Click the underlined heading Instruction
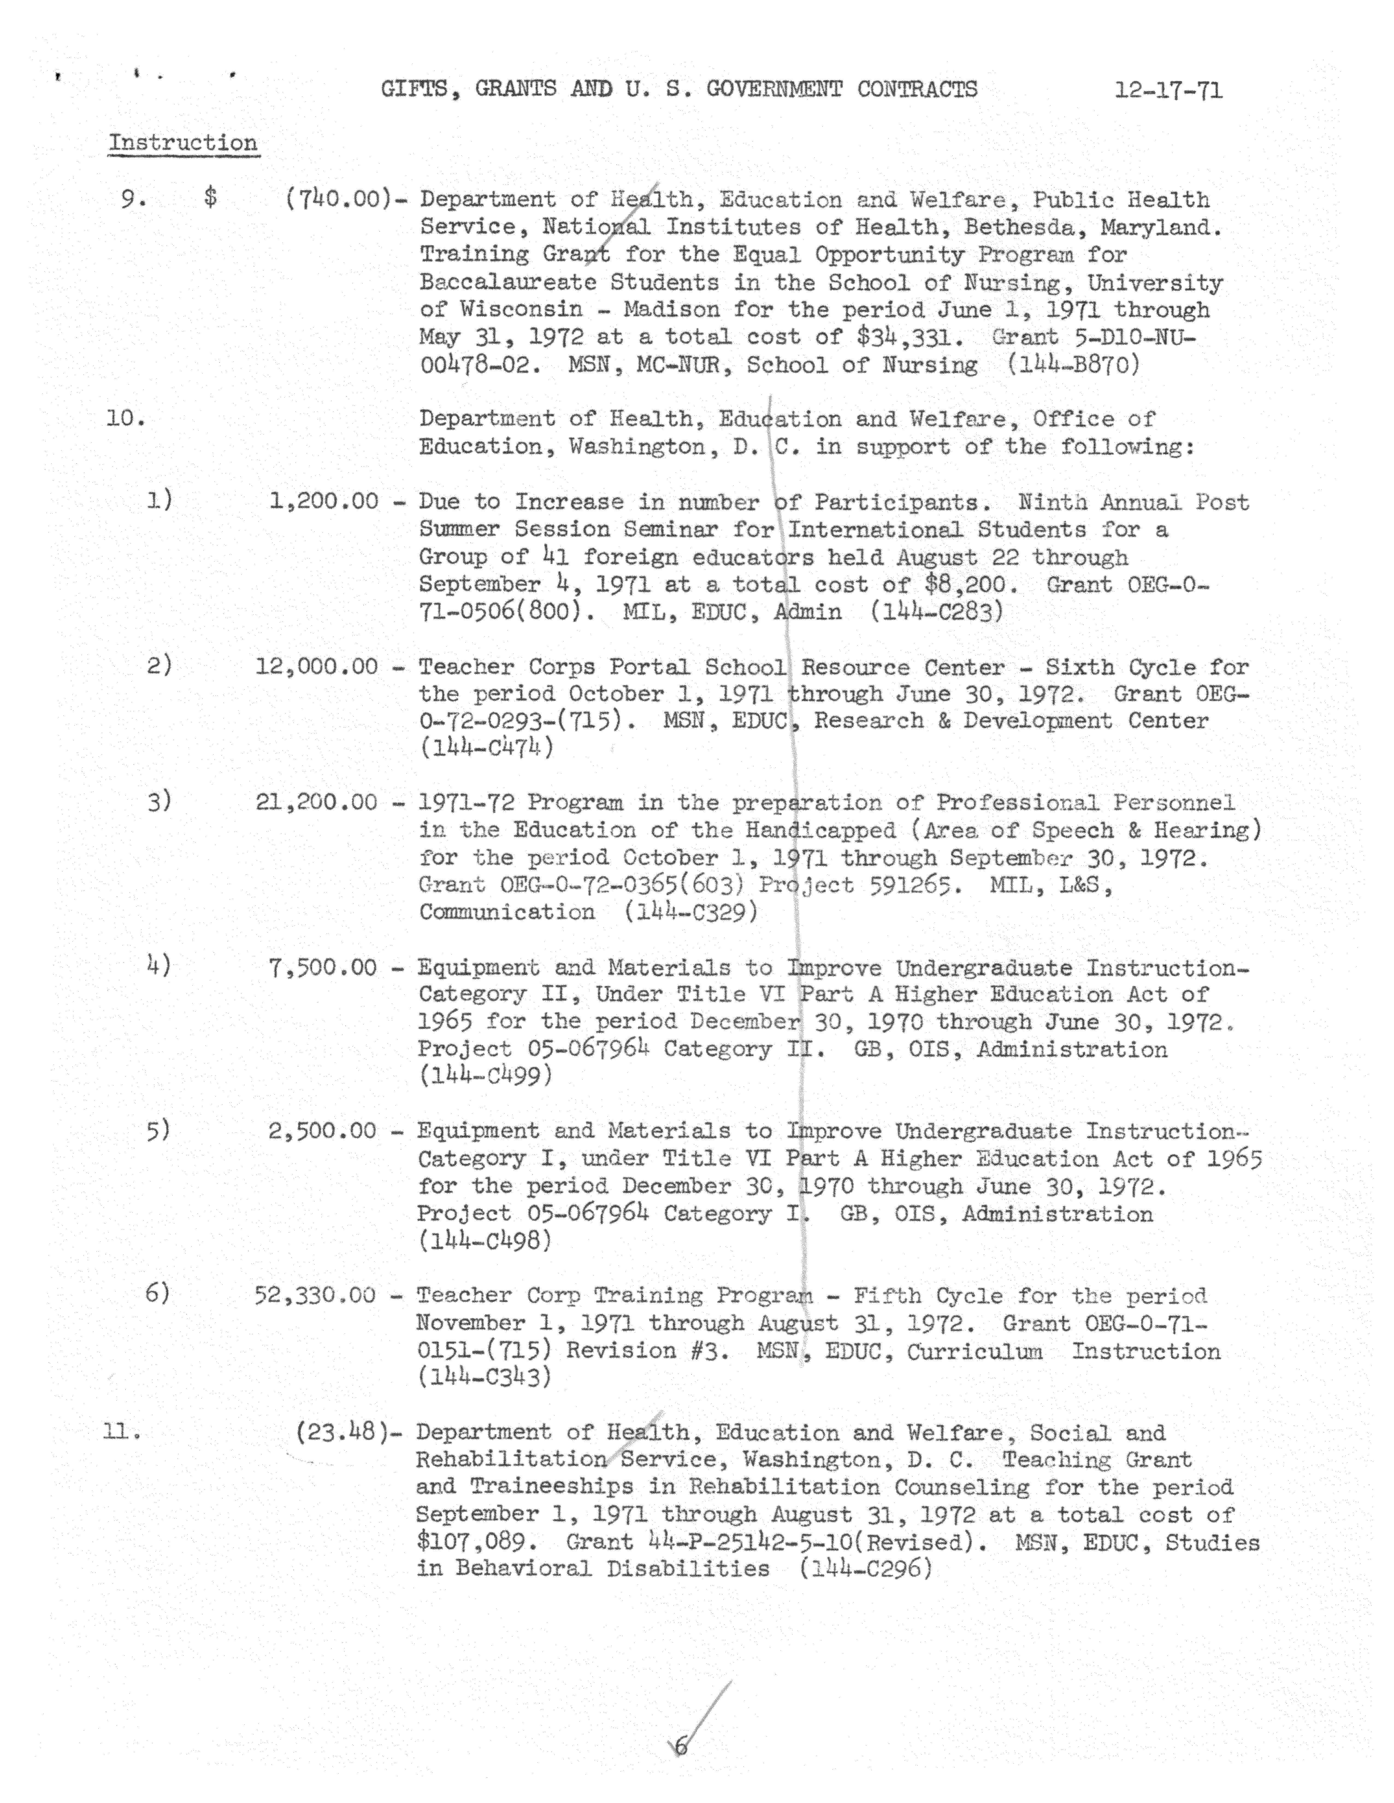[x=183, y=143]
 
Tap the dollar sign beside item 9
[x=211, y=198]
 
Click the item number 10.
[x=125, y=419]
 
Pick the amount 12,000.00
[x=316, y=666]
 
